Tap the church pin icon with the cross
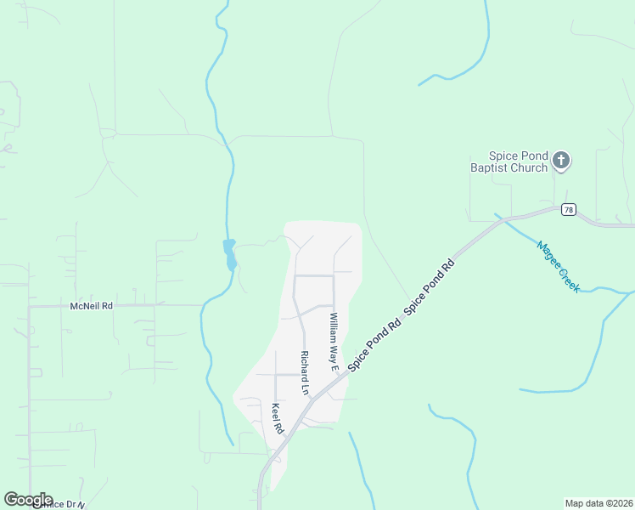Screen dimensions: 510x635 point(560,159)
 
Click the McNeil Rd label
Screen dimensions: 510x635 point(91,305)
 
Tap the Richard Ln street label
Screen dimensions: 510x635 point(303,371)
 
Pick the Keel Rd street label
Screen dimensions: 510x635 point(276,418)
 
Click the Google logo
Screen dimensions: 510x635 point(28,500)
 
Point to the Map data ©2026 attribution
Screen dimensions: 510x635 point(598,503)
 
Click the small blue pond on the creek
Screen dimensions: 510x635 point(229,254)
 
